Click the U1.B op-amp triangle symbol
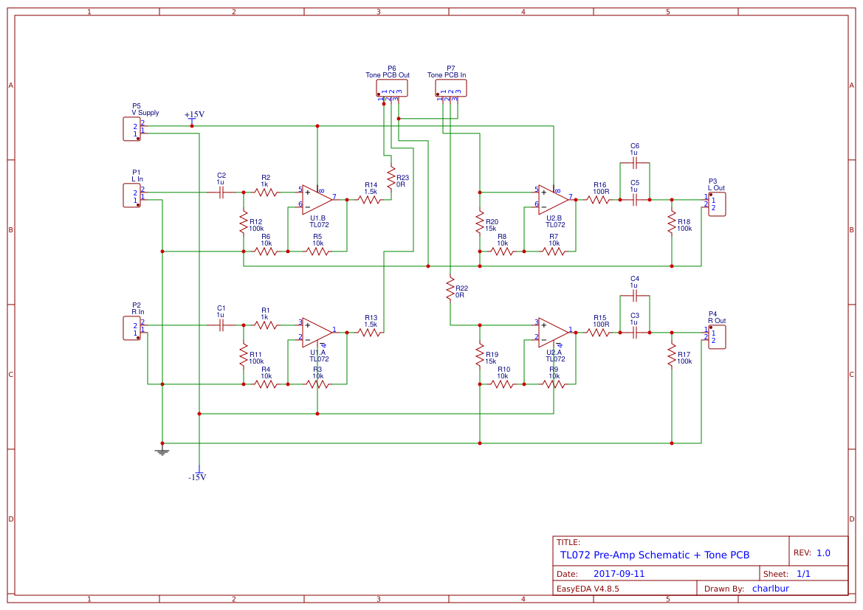coord(317,199)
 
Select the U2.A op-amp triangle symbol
coord(553,333)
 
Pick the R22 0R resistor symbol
coord(450,288)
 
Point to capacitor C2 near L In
coord(221,193)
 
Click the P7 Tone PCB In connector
coord(450,89)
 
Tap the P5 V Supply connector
coord(132,129)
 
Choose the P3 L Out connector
coord(716,204)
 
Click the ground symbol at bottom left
coord(162,451)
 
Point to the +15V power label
coord(194,115)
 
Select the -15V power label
coord(197,476)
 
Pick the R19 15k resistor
coord(479,355)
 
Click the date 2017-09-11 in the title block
coord(619,573)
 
